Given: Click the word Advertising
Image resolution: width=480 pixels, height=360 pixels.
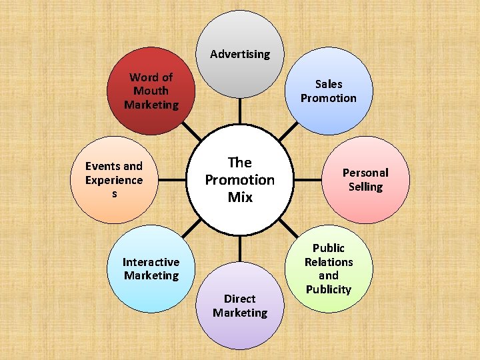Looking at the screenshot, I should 240,54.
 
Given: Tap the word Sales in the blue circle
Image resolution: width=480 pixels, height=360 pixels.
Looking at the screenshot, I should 329,84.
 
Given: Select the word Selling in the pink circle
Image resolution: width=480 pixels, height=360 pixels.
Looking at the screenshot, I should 365,187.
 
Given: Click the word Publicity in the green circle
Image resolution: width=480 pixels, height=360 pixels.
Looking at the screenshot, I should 328,289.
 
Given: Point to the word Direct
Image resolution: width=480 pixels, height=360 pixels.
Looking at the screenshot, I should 240,299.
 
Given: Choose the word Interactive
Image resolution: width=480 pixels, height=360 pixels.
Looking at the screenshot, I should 151,262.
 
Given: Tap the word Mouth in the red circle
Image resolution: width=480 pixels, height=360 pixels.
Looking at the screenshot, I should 151,91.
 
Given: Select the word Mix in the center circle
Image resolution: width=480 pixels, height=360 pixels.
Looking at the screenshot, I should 240,197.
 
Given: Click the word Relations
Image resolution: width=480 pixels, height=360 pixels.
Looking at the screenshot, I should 329,261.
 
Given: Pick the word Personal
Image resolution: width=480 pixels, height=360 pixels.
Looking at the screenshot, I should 365,173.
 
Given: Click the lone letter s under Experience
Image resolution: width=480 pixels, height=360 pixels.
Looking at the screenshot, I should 114,194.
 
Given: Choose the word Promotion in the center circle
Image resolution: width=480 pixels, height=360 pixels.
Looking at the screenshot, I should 240,180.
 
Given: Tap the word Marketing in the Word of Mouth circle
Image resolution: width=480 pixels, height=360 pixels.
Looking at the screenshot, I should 151,105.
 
